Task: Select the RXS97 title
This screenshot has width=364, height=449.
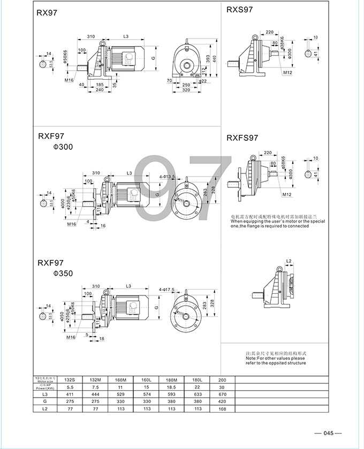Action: [x=239, y=9]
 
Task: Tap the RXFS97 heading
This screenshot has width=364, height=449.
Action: [x=242, y=138]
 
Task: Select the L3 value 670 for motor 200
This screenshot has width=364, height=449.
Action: [x=223, y=394]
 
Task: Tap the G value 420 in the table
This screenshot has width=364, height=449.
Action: [x=223, y=401]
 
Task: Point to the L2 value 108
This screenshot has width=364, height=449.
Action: [x=223, y=409]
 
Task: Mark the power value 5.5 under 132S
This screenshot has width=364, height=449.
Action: [x=69, y=386]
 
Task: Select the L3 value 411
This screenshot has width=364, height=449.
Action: [x=69, y=394]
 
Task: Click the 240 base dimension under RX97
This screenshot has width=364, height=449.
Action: [x=99, y=90]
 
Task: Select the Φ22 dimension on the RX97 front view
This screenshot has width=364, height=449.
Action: [x=203, y=81]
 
